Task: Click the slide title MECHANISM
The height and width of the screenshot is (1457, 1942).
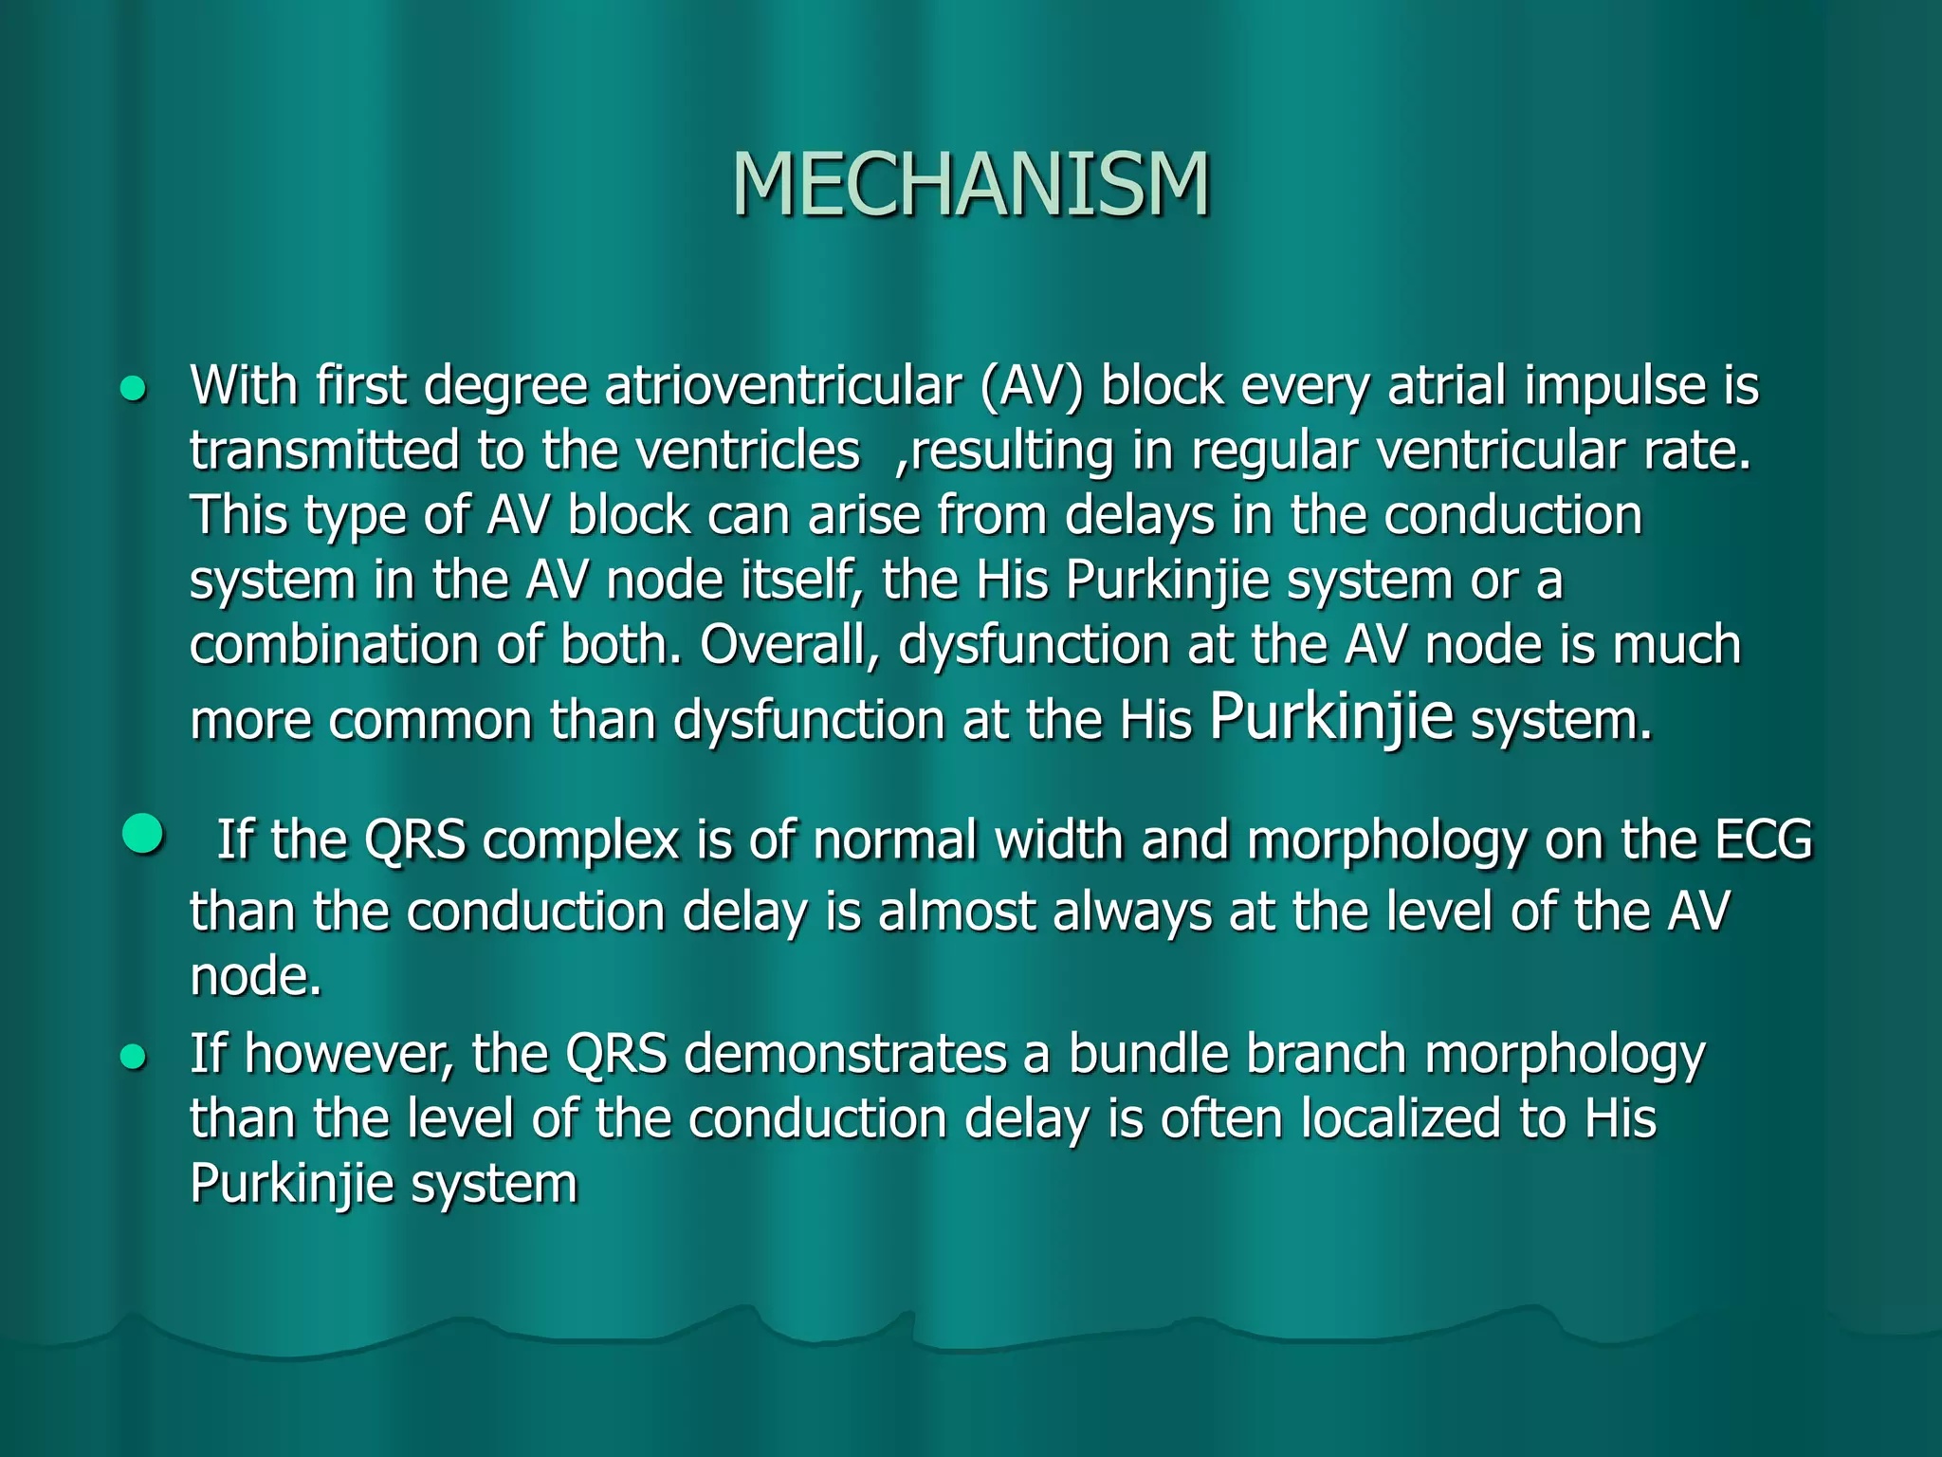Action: (x=971, y=184)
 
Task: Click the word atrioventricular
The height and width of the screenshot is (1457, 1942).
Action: (x=783, y=387)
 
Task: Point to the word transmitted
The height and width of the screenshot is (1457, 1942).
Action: (x=324, y=451)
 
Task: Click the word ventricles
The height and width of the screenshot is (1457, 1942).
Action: (x=748, y=451)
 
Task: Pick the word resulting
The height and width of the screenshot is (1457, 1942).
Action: (x=1011, y=452)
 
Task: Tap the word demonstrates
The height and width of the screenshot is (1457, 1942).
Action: (x=845, y=1054)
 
